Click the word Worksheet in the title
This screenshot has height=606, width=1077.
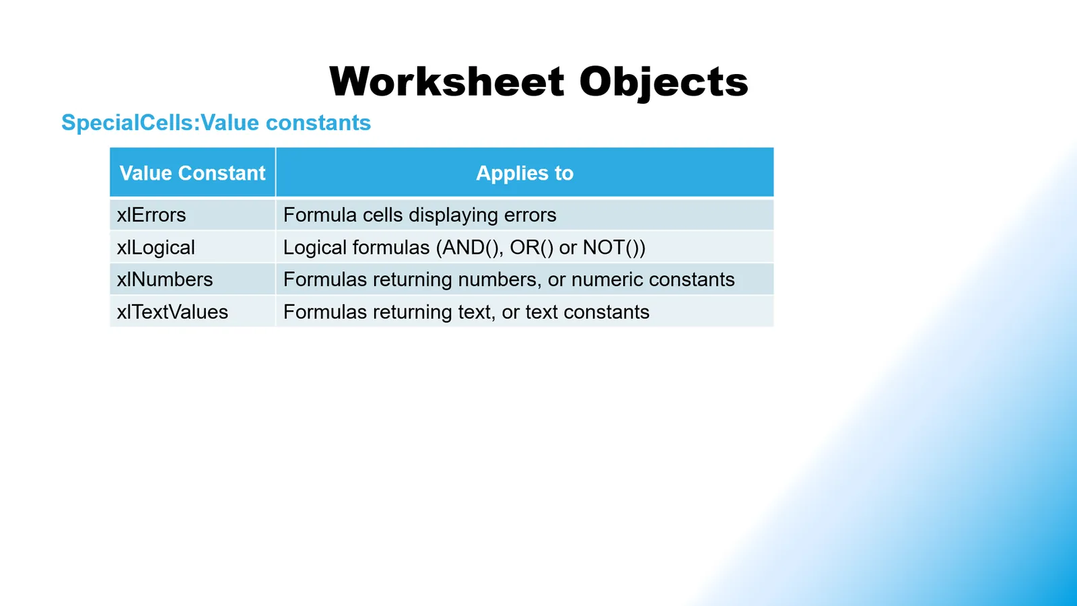447,81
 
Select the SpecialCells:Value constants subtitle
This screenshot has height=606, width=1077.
216,122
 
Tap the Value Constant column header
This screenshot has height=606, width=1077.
193,173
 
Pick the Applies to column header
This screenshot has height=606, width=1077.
524,173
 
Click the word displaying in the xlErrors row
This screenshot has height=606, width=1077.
452,215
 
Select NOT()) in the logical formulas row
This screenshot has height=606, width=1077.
614,248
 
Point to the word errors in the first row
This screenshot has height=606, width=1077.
530,215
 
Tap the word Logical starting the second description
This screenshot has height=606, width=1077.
315,248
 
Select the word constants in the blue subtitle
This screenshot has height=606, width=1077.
318,123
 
